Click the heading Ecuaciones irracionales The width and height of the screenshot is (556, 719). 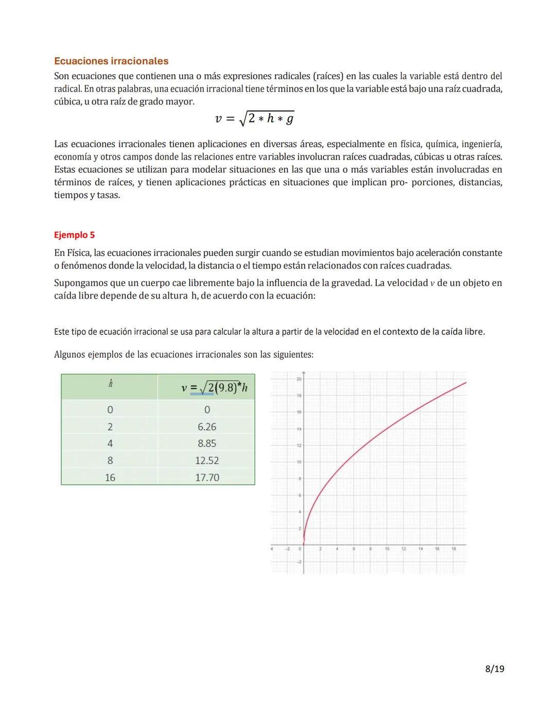[111, 61]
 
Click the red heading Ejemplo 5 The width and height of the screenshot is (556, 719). [74, 235]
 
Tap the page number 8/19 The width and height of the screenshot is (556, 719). [494, 669]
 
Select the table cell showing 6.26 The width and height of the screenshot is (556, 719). [207, 427]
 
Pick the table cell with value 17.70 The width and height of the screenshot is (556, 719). [207, 478]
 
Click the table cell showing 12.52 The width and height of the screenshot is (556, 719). [207, 461]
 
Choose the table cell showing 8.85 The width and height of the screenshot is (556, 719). [207, 444]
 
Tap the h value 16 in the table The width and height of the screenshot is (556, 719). [110, 478]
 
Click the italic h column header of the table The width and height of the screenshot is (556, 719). [110, 384]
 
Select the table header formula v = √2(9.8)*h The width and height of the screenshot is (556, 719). [214, 388]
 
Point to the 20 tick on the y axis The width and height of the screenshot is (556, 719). [299, 379]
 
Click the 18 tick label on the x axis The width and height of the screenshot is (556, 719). [454, 549]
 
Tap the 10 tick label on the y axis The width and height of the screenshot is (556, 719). [299, 462]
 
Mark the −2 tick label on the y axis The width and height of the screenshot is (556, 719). [299, 562]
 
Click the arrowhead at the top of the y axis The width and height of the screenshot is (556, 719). [304, 372]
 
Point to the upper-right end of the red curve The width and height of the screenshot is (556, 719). [465, 382]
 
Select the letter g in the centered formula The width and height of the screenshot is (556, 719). [290, 119]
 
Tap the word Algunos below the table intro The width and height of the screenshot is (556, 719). [70, 355]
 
